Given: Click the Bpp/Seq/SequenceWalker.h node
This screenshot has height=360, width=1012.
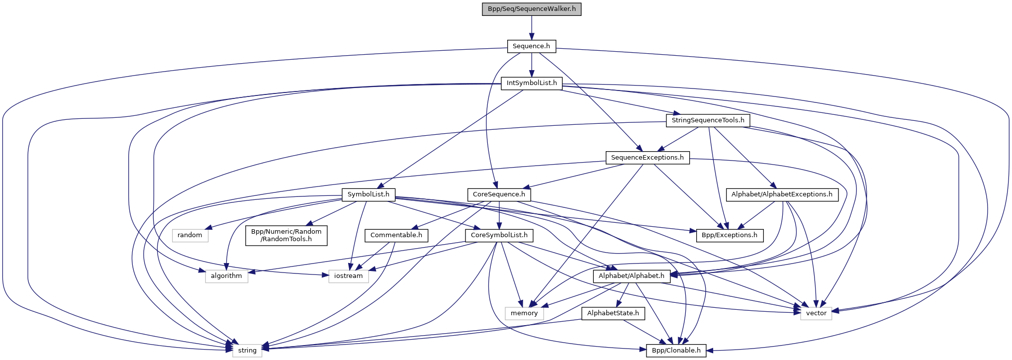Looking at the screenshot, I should click(x=531, y=9).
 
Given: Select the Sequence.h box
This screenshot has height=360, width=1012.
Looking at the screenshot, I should click(x=531, y=46).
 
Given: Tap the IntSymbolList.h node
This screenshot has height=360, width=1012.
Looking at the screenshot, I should click(x=531, y=83).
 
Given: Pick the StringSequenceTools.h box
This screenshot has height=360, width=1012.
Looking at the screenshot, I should click(x=708, y=120).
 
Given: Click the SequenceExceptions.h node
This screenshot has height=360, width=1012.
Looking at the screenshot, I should click(x=647, y=158).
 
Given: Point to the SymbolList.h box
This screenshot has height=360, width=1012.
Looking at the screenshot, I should click(x=368, y=194).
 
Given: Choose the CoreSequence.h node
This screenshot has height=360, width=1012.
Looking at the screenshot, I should click(x=499, y=194).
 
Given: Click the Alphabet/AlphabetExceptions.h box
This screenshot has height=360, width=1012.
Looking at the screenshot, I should click(x=781, y=194).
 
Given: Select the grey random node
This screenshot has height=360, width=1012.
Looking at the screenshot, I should click(x=190, y=235).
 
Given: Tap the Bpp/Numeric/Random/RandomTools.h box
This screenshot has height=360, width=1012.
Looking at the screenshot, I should click(x=286, y=235).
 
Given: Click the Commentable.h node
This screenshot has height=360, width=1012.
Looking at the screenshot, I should click(x=396, y=235).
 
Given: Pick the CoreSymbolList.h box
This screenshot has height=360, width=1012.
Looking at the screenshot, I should click(x=499, y=235).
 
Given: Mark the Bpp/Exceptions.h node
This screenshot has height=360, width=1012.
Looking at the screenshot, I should click(x=729, y=235).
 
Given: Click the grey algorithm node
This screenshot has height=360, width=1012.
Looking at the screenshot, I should click(x=226, y=276).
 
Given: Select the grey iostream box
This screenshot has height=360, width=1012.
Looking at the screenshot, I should click(x=348, y=276).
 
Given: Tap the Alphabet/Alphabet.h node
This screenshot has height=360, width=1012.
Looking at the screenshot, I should click(x=631, y=276).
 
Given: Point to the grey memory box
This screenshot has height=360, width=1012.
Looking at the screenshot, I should click(x=524, y=313).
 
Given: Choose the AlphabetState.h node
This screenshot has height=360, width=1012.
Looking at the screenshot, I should click(x=613, y=313).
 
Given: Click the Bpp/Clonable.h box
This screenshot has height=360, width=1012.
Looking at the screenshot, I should click(x=676, y=351).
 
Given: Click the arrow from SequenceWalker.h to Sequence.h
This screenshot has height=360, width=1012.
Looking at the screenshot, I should click(x=531, y=27).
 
